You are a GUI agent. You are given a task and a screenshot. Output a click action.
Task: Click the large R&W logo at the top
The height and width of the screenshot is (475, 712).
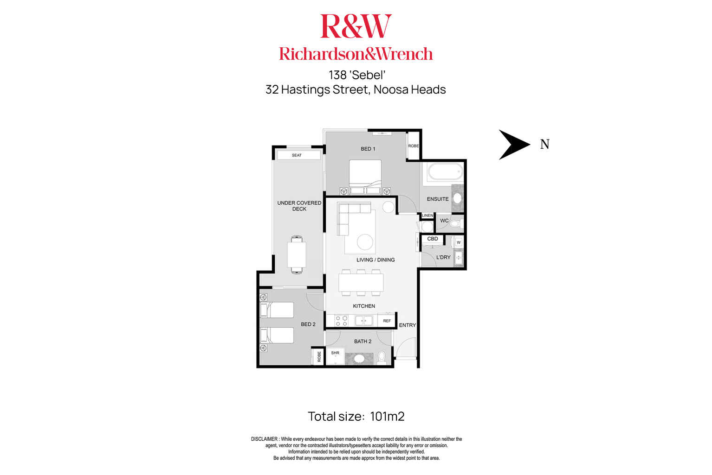[356, 26]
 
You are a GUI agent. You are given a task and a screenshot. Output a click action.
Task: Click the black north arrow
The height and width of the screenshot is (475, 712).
[512, 145]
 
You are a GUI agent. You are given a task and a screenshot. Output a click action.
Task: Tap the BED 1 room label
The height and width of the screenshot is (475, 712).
[368, 149]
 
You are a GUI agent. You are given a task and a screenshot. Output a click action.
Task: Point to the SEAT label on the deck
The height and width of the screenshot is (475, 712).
[297, 155]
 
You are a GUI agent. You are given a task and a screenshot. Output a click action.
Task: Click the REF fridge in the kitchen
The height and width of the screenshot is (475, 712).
[387, 321]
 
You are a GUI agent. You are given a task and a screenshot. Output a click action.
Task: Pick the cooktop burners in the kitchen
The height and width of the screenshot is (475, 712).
[341, 321]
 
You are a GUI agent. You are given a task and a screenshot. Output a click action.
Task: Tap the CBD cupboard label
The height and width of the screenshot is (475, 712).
[432, 239]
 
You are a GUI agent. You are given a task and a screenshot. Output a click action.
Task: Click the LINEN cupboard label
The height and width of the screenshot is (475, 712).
[427, 215]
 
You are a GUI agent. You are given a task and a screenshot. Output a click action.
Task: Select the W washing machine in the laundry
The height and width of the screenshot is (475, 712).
[459, 242]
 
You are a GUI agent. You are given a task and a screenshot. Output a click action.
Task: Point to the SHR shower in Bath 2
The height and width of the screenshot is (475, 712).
[335, 356]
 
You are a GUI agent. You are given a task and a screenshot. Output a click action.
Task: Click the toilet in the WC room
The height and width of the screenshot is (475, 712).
[457, 224]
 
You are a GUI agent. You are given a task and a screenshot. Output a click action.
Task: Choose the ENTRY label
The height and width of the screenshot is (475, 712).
[407, 325]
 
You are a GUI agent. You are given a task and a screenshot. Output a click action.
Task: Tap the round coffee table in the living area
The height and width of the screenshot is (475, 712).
[365, 242]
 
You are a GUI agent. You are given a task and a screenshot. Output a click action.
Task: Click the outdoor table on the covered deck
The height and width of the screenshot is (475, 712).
[297, 254]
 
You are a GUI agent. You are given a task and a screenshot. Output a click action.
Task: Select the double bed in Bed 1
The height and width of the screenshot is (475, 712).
[365, 177]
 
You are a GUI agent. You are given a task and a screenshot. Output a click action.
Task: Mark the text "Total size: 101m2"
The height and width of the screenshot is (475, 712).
[356, 416]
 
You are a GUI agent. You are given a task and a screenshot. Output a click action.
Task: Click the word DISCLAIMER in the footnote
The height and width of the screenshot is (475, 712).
[264, 439]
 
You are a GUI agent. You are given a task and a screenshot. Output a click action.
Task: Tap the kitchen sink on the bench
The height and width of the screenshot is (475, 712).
[363, 321]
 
